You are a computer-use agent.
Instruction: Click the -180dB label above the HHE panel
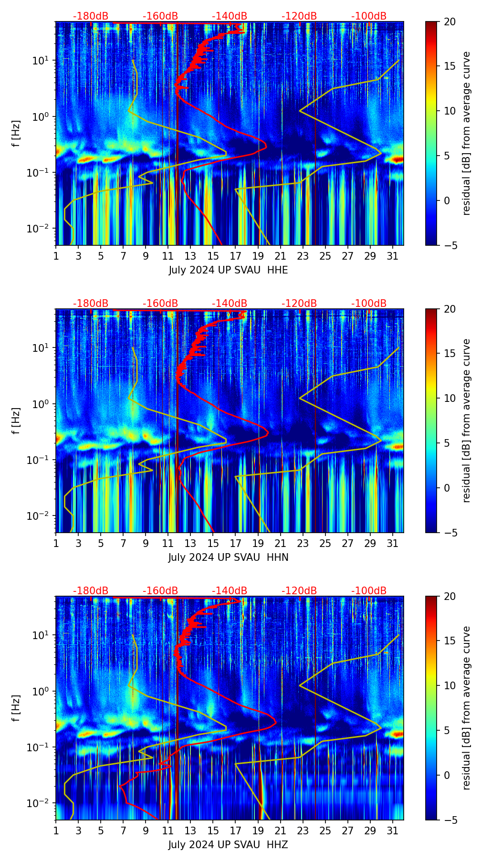91,16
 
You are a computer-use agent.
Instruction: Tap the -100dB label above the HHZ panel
369,591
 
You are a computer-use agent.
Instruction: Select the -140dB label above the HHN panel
230,304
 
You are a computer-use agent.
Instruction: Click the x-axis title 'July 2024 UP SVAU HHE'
228,270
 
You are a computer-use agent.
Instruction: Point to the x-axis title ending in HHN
228,557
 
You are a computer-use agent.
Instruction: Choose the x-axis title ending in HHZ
228,845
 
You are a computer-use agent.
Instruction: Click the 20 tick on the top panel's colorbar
450,21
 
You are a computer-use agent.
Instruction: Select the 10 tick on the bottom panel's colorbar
450,685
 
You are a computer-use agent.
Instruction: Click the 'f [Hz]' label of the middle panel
16,420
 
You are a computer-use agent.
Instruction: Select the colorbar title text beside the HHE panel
467,133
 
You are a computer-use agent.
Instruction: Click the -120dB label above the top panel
299,16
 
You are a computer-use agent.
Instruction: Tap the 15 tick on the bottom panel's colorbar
450,641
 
